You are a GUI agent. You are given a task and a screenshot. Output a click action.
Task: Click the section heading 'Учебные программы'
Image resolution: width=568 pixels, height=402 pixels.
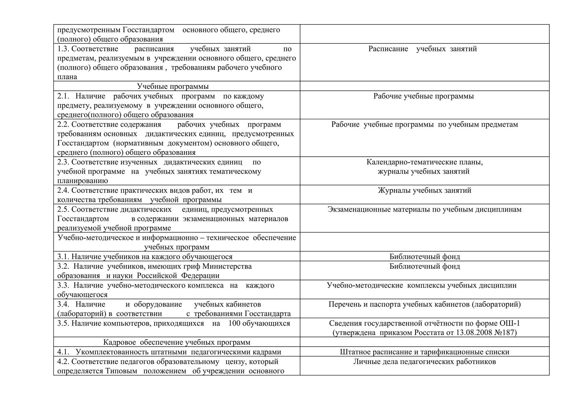(x=173, y=86)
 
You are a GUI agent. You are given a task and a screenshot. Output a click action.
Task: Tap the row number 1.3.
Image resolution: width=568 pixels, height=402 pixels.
(x=63, y=49)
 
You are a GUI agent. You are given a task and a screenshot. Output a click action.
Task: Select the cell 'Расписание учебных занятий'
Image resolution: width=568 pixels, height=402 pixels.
(x=422, y=49)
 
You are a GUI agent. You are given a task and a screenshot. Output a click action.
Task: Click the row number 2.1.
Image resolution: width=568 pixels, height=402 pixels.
(x=63, y=96)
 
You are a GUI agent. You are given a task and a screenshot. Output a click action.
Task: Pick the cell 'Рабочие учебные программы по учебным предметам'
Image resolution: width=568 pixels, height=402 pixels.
(x=424, y=124)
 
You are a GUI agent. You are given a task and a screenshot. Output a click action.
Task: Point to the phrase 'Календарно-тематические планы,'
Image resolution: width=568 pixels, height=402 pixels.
(x=424, y=162)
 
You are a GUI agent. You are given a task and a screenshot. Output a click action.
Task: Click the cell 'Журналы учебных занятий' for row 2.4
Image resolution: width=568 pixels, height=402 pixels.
(x=424, y=190)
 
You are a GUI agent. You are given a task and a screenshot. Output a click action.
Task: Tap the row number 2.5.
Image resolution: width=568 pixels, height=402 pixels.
(x=63, y=209)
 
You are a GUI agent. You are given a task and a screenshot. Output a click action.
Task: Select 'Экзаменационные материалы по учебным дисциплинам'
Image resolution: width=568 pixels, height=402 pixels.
(x=424, y=209)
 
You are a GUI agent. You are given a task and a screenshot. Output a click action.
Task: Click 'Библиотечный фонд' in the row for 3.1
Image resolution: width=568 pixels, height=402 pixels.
(x=424, y=256)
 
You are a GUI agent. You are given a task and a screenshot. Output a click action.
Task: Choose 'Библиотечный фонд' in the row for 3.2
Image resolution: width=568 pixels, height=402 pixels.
(x=424, y=266)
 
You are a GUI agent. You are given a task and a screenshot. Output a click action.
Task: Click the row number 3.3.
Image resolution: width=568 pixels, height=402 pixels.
(x=63, y=285)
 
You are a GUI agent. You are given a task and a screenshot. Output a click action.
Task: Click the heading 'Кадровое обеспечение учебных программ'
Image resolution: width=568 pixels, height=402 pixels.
(x=177, y=342)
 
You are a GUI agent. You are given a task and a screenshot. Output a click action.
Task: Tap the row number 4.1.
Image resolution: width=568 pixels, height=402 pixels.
(x=63, y=352)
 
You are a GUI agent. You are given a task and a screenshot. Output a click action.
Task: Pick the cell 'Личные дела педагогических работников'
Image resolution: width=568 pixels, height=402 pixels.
(x=424, y=362)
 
